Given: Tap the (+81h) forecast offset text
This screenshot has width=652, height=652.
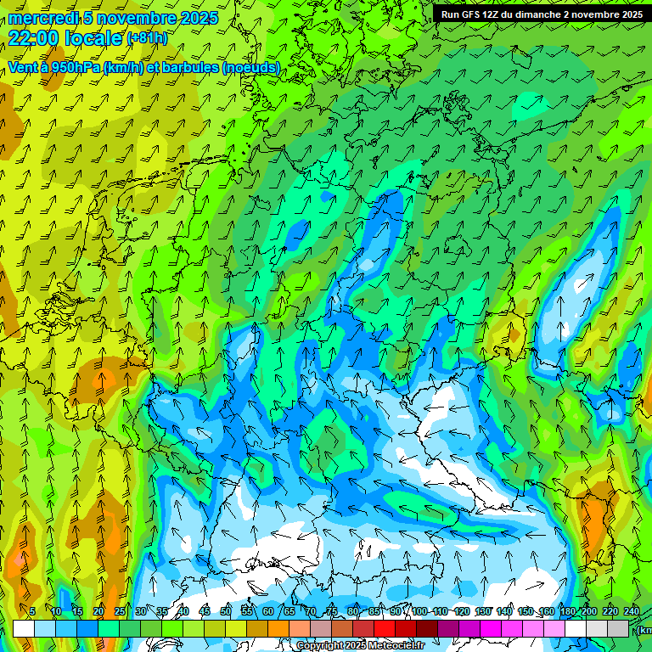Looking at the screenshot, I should (147, 38).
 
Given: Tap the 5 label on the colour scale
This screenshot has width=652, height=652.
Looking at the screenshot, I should (32, 611).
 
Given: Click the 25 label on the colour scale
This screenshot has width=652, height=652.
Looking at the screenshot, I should (120, 611).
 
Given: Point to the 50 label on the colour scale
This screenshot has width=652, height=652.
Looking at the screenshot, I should (226, 611).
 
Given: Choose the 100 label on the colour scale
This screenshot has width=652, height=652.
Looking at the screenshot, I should (419, 611).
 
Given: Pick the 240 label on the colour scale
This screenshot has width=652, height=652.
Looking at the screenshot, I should (632, 611).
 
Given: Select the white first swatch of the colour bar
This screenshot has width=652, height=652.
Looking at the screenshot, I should (23, 628).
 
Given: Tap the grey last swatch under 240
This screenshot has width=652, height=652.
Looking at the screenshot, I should (619, 628).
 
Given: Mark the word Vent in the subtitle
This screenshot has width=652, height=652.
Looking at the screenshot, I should (22, 67).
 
